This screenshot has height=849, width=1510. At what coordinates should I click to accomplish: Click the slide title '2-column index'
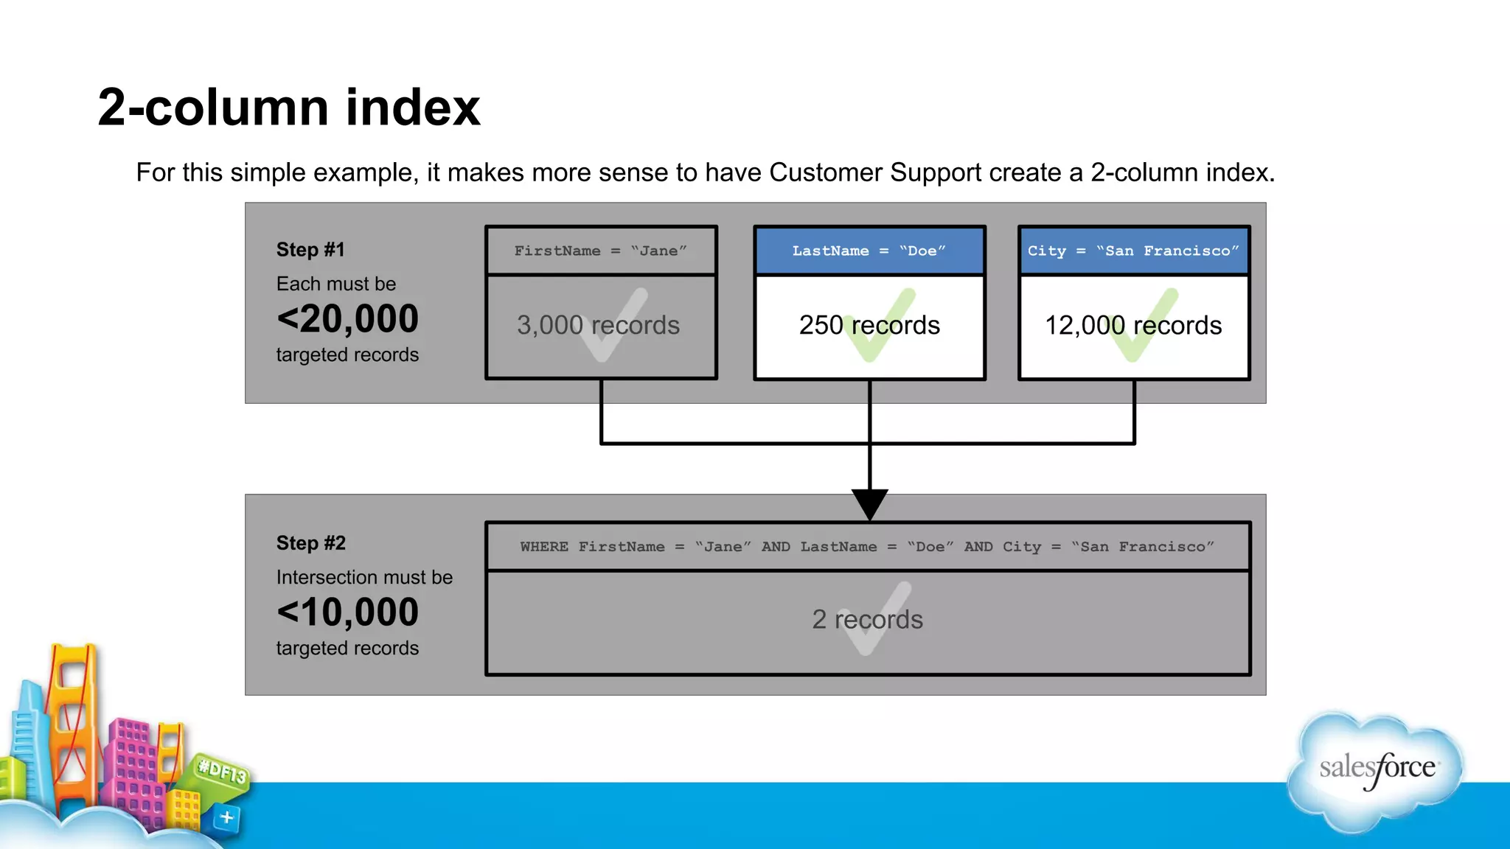pyautogui.click(x=288, y=108)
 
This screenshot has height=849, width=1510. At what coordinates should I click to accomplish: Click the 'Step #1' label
pyautogui.click(x=310, y=250)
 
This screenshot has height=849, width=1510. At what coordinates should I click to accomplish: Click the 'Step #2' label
pyautogui.click(x=310, y=543)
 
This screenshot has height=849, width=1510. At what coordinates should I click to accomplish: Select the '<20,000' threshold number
pyautogui.click(x=347, y=319)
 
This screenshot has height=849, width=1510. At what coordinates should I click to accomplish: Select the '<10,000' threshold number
pyautogui.click(x=347, y=612)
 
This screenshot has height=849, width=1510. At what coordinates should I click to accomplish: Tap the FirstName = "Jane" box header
pyautogui.click(x=601, y=251)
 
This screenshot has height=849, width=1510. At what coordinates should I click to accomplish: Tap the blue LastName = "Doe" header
pyautogui.click(x=869, y=251)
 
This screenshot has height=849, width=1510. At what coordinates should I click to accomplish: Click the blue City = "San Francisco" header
pyautogui.click(x=1133, y=251)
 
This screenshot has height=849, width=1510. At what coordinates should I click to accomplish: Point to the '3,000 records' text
pyautogui.click(x=598, y=325)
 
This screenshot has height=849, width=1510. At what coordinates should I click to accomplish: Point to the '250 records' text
pyautogui.click(x=869, y=325)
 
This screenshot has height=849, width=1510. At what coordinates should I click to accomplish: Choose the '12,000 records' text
pyautogui.click(x=1133, y=325)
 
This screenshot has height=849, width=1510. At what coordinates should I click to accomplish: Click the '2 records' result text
pyautogui.click(x=867, y=619)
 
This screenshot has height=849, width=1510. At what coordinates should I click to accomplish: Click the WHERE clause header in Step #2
pyautogui.click(x=867, y=547)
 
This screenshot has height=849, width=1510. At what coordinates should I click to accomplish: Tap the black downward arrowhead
pyautogui.click(x=869, y=503)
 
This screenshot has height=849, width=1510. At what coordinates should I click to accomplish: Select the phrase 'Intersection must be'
pyautogui.click(x=364, y=577)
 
